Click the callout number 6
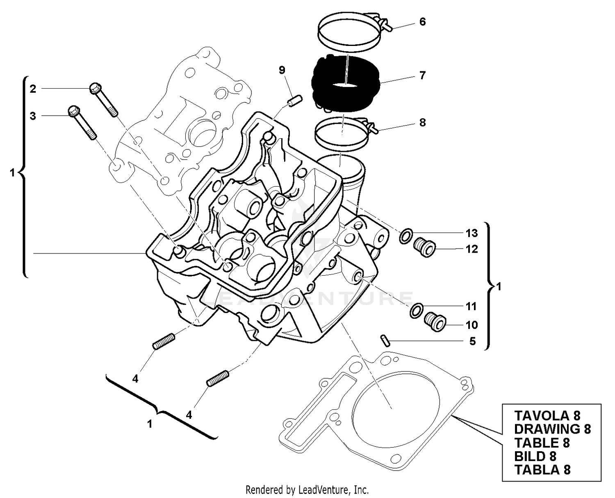[422, 22]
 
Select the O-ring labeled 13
[405, 236]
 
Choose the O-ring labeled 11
[416, 311]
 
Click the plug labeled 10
[435, 322]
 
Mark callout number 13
[471, 233]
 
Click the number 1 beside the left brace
[12, 173]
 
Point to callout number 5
[472, 341]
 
